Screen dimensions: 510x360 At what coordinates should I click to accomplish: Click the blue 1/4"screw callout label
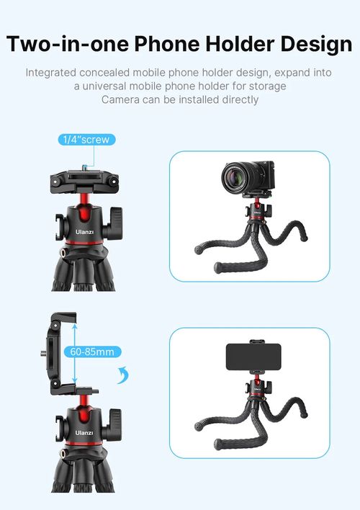(x=86, y=140)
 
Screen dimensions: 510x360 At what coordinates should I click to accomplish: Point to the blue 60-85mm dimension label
(x=92, y=352)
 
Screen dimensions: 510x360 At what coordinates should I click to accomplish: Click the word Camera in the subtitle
(x=122, y=99)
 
